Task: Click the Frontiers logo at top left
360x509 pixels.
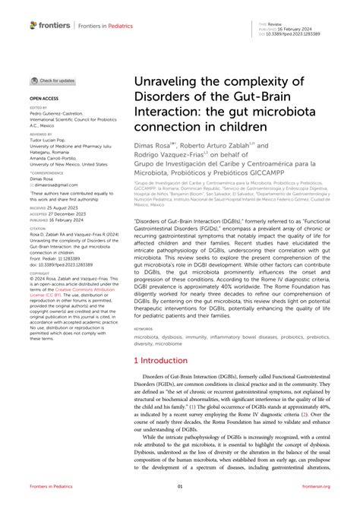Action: pos(50,25)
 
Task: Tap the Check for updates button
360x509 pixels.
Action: pos(52,81)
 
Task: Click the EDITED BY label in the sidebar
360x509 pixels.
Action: pos(39,108)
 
